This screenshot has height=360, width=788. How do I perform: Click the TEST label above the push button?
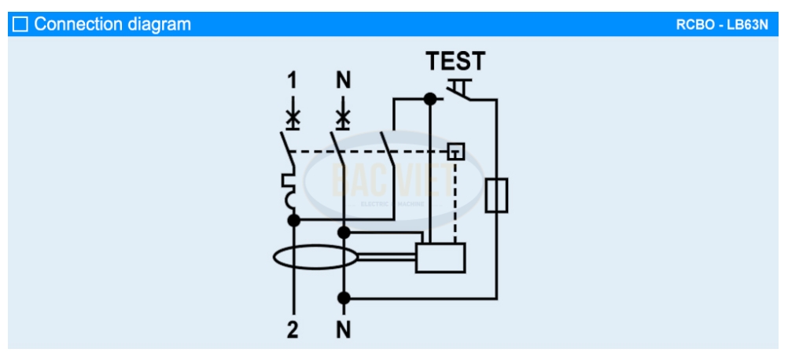[455, 61]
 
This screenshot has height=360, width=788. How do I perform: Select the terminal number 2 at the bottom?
[293, 330]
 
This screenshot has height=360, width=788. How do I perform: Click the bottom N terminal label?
[344, 330]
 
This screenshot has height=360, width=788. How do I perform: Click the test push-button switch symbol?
[461, 89]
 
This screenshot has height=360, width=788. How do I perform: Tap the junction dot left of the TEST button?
[429, 100]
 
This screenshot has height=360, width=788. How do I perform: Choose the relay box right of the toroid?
[440, 257]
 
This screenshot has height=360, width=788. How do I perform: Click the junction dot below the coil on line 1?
[293, 220]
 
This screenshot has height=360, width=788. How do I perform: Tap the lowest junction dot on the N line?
[344, 298]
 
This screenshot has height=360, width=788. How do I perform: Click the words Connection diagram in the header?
[112, 24]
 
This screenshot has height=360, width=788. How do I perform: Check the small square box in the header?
[20, 24]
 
